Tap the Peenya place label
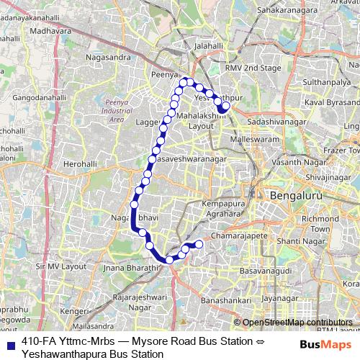165,74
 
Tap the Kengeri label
73,311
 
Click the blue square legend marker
9,343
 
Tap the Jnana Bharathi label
130,268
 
